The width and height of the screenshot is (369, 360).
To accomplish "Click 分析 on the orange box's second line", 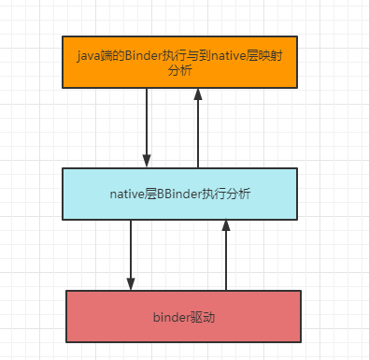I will pyautogui.click(x=180, y=70).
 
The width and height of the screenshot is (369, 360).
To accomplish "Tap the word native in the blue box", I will pyautogui.click(x=127, y=194).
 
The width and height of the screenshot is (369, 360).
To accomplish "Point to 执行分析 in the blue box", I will pyautogui.click(x=232, y=194).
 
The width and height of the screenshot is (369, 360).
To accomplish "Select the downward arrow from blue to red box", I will pyautogui.click(x=131, y=255).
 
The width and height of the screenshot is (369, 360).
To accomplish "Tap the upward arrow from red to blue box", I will pyautogui.click(x=225, y=255).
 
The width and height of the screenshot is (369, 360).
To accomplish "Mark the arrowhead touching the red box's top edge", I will pyautogui.click(x=131, y=283).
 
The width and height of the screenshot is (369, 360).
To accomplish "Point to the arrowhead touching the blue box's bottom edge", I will pyautogui.click(x=225, y=227).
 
